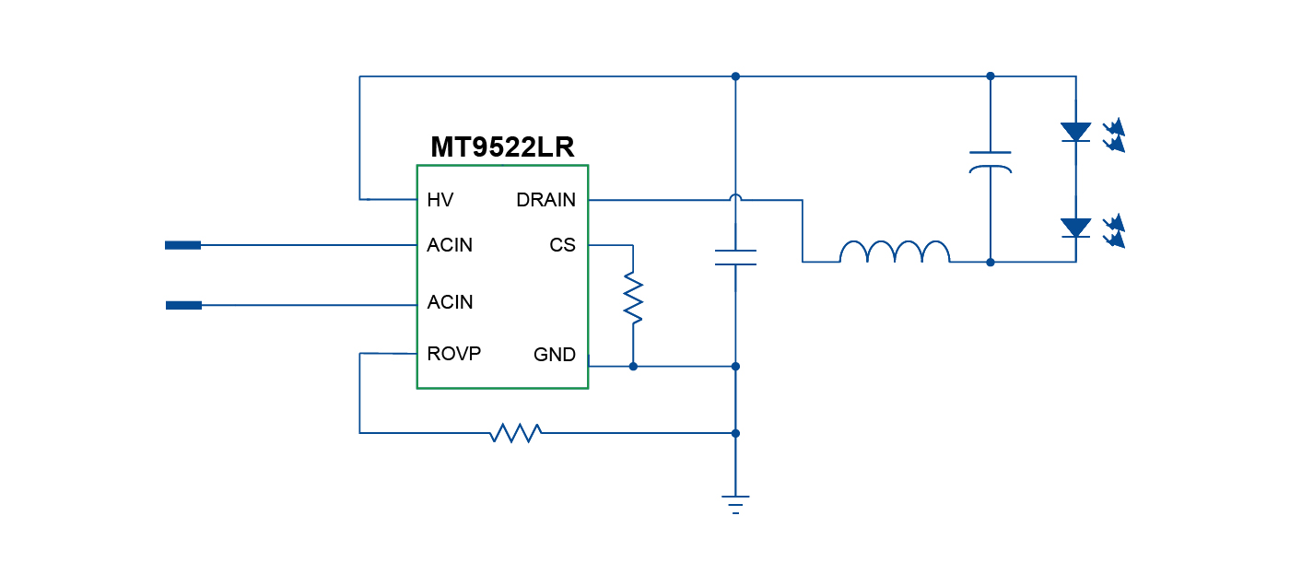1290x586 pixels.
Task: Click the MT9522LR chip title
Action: click(502, 147)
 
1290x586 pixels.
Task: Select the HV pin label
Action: click(440, 200)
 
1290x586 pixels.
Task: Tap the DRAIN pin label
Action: click(545, 200)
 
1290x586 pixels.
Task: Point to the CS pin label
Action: click(562, 245)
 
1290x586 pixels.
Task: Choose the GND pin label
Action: click(555, 355)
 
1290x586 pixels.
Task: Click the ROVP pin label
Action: click(453, 354)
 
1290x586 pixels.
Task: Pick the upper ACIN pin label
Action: click(450, 245)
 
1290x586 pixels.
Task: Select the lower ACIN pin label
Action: click(450, 302)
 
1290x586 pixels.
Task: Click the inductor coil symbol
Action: click(894, 252)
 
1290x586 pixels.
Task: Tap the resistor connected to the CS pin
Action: click(633, 298)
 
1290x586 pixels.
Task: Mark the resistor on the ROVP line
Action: click(516, 432)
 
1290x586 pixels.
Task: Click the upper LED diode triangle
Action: click(1075, 132)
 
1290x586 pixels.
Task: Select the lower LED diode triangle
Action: click(1075, 228)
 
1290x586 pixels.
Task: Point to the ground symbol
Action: click(735, 504)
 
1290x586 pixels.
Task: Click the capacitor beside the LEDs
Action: click(991, 162)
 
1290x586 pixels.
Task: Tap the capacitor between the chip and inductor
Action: click(735, 258)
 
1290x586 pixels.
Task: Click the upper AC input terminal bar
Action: click(183, 245)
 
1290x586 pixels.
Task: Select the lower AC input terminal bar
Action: click(183, 305)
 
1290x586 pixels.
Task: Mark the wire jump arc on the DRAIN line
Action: click(735, 197)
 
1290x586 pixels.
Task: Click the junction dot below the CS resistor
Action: click(633, 366)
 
